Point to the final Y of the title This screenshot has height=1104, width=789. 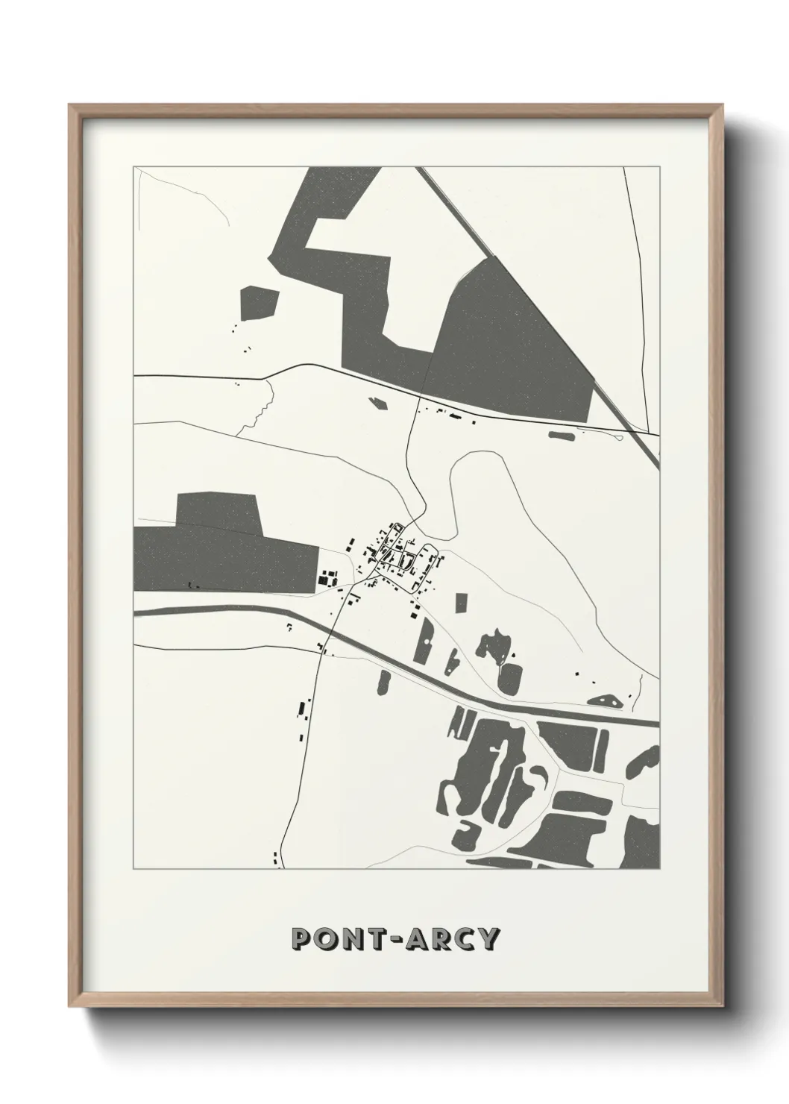tap(487, 938)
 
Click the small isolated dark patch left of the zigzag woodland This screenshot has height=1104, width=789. tap(258, 302)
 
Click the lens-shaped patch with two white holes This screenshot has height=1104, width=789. tap(605, 700)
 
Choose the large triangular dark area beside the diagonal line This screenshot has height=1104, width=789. tap(515, 343)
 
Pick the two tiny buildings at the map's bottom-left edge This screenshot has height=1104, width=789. tap(277, 859)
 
